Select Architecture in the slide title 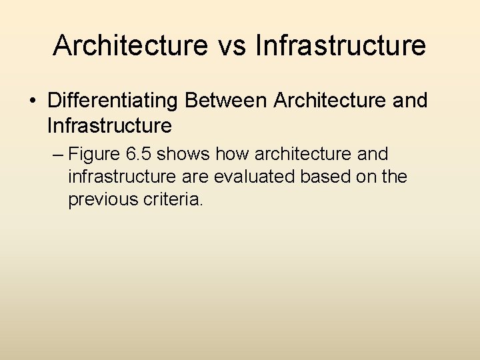130,45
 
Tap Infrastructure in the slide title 340,45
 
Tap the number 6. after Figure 133,155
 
